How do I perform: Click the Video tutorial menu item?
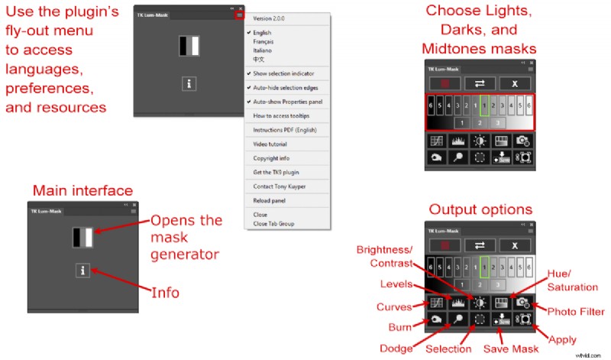[x=270, y=143]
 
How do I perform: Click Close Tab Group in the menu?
[x=273, y=223]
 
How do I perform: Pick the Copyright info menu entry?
[x=270, y=157]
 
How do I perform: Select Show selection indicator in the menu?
[x=286, y=73]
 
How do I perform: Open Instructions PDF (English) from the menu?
[x=284, y=129]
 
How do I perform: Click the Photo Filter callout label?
[x=576, y=311]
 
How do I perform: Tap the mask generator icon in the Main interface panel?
[x=82, y=237]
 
